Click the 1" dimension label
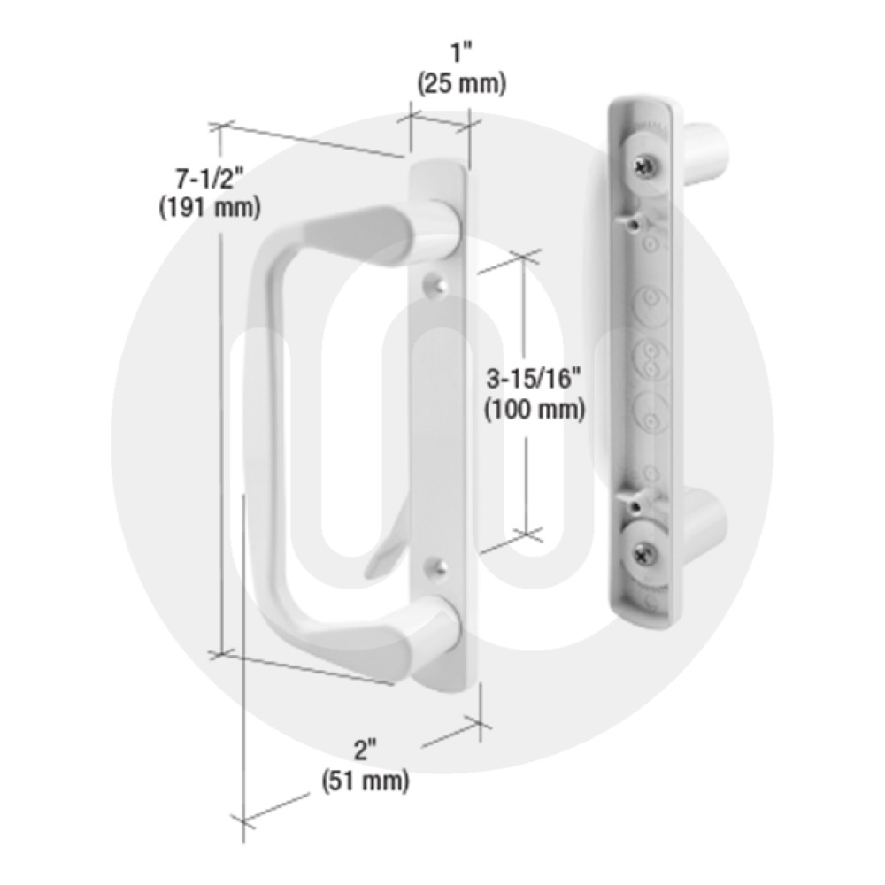click(461, 56)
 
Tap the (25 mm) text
click(461, 84)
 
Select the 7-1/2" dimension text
click(210, 180)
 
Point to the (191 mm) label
click(210, 208)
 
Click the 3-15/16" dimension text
click(534, 380)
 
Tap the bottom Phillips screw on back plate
click(643, 556)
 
